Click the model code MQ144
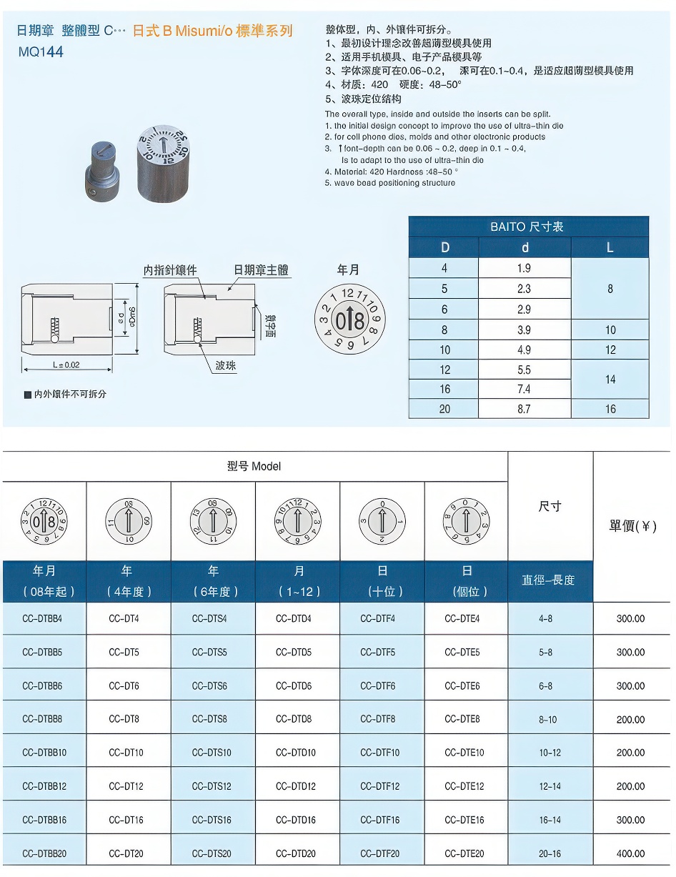coord(41,51)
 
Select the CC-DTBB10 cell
coord(44,753)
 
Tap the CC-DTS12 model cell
coord(212,786)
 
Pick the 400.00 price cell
coord(630,853)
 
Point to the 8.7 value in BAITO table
coord(525,409)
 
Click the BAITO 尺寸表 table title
coord(527,227)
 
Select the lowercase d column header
coord(525,248)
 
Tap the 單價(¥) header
coord(632,526)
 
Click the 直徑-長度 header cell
coord(550,580)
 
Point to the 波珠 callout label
coord(226,365)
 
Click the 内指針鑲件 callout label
coord(169,270)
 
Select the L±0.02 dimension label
coord(66,365)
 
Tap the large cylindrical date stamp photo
coord(164,162)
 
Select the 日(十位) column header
coord(382,581)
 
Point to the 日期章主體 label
coord(261,270)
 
